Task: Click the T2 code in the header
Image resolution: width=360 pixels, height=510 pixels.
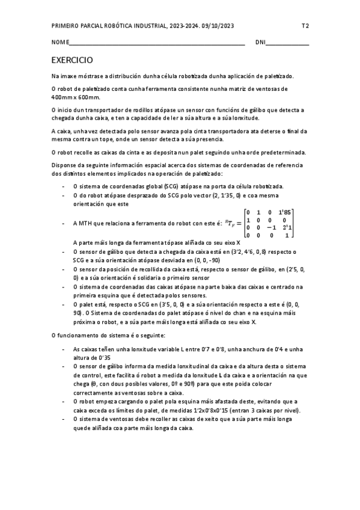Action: click(305, 26)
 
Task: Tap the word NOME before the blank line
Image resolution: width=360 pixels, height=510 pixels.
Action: click(60, 43)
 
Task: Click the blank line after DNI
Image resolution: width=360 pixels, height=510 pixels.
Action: click(287, 43)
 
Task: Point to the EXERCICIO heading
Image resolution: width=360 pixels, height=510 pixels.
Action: click(72, 61)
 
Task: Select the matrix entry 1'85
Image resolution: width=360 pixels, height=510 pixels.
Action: click(287, 212)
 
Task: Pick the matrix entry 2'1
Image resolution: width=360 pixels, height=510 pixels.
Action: click(287, 227)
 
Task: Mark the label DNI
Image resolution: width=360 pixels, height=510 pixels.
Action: click(260, 43)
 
